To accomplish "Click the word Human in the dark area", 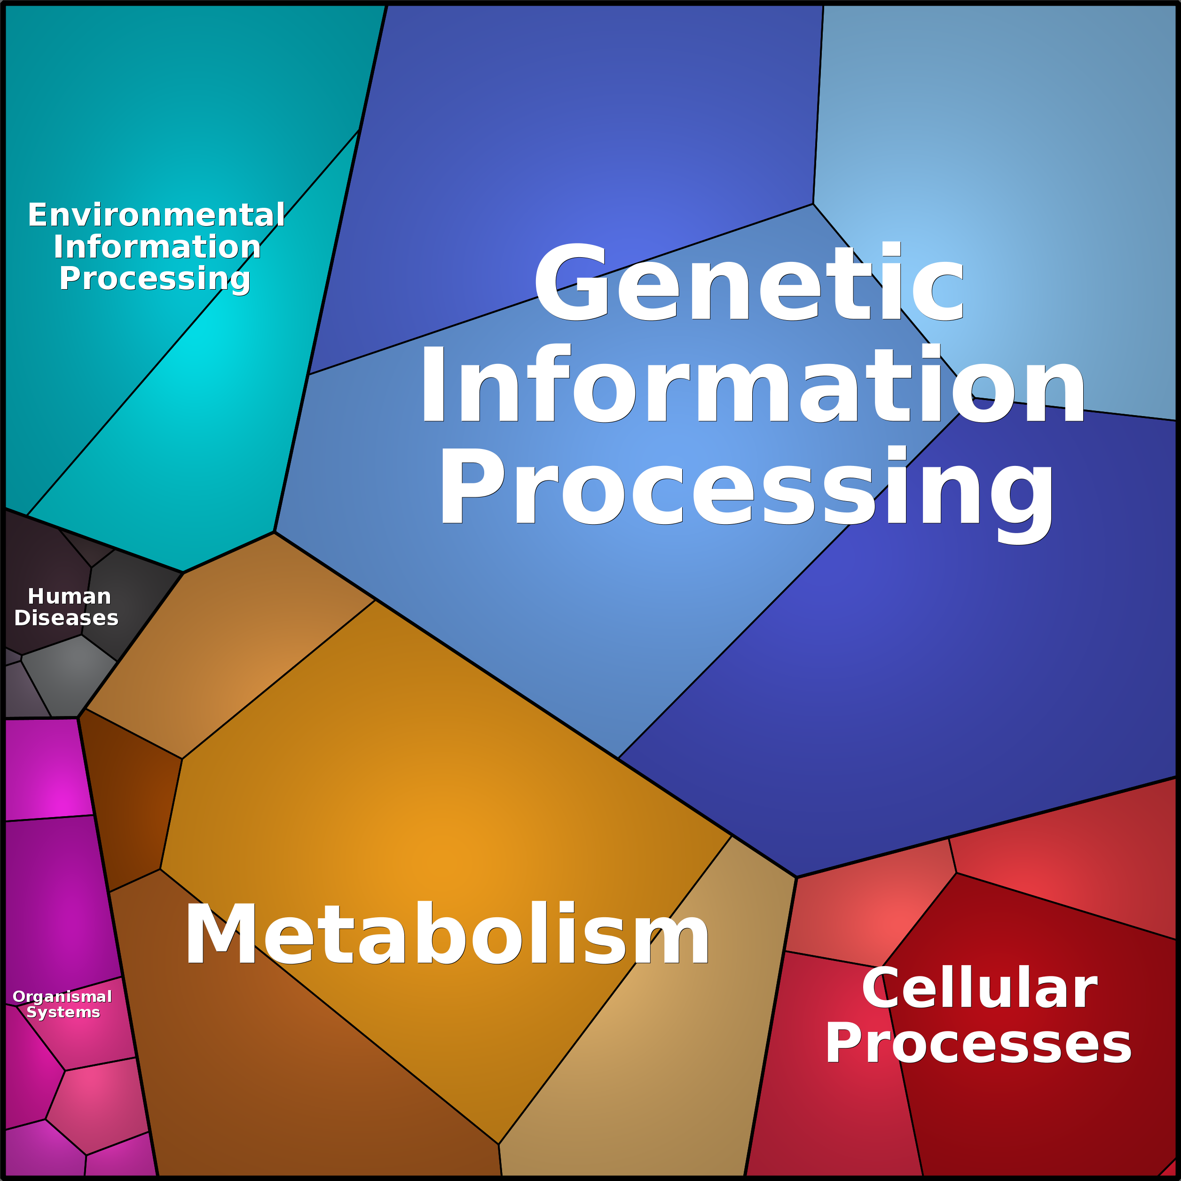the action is click(70, 596).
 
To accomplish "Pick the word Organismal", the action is click(63, 997).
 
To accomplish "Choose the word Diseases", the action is click(66, 618).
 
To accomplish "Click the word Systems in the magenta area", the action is click(63, 1013).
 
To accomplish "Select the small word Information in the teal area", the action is click(157, 246).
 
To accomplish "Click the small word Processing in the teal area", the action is click(155, 279).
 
